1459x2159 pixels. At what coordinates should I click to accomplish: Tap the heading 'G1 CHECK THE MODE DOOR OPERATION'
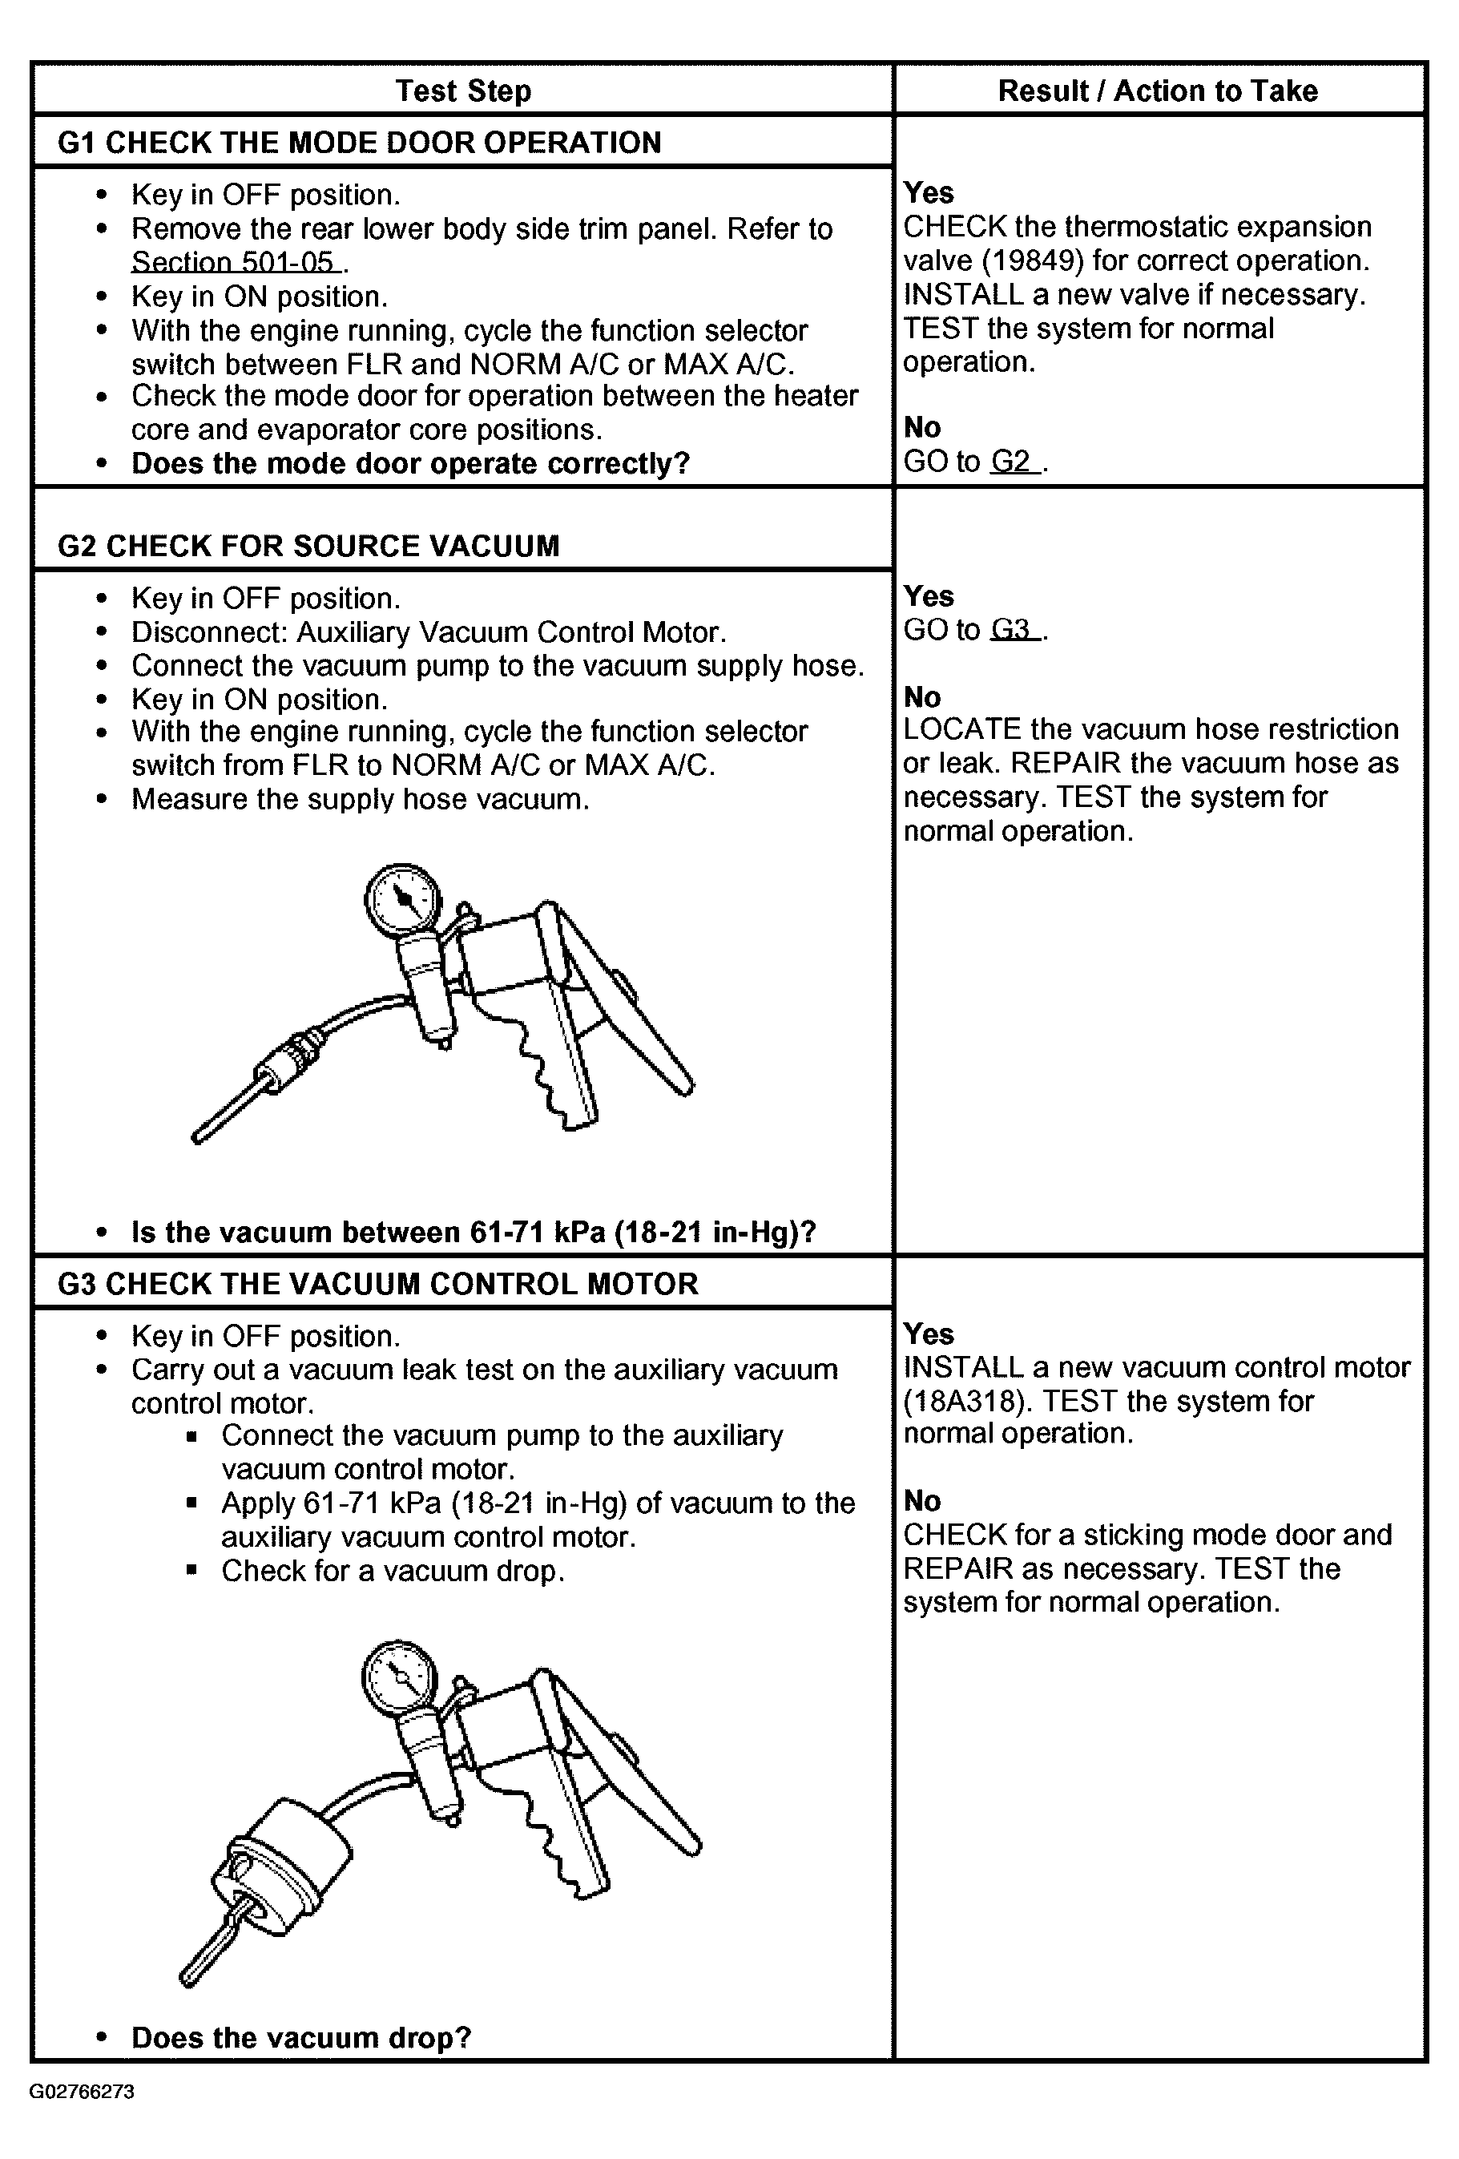tap(360, 142)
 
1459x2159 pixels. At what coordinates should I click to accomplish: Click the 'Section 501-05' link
tap(234, 262)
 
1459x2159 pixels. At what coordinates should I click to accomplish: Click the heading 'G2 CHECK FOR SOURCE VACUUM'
tap(308, 545)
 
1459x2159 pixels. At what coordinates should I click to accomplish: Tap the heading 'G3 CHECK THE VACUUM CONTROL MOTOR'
tap(377, 1283)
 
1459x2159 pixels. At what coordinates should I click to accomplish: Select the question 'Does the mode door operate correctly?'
tap(410, 462)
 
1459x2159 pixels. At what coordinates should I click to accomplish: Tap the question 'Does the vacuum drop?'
tap(301, 2037)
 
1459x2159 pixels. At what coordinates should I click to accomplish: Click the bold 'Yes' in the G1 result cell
tap(928, 192)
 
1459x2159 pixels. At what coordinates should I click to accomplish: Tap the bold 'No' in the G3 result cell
tap(921, 1500)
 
